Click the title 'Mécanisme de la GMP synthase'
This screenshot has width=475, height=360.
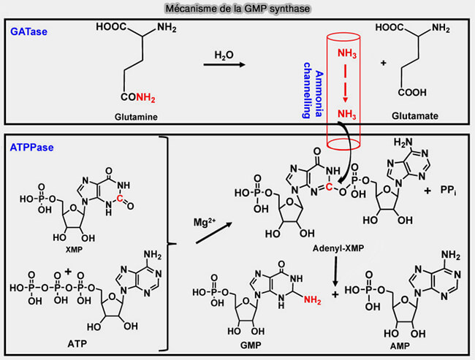pyautogui.click(x=237, y=8)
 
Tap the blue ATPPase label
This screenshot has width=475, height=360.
pyautogui.click(x=28, y=146)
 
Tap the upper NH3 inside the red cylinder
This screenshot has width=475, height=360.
pyautogui.click(x=347, y=53)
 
